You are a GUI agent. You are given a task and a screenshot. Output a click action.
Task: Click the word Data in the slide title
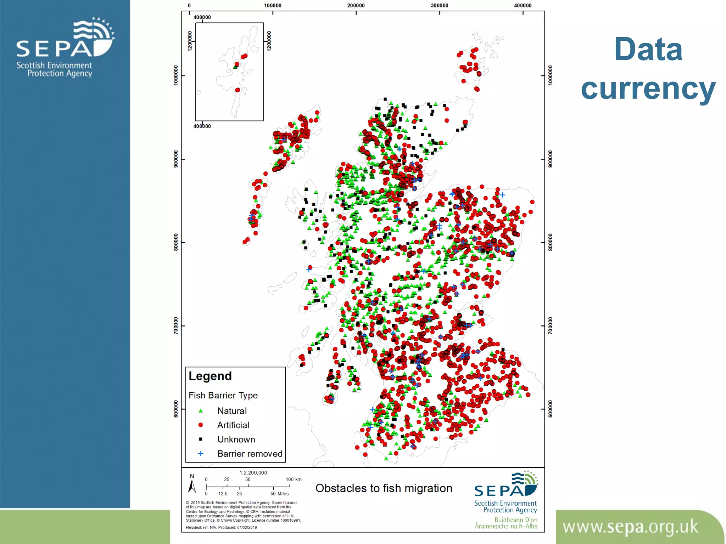click(648, 50)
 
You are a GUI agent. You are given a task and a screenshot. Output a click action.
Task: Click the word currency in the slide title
click(648, 89)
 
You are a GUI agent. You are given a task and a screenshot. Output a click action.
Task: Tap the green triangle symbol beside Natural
click(201, 411)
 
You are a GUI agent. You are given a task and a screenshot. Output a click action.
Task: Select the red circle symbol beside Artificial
click(201, 425)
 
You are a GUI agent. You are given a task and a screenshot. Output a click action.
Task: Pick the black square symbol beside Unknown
click(201, 439)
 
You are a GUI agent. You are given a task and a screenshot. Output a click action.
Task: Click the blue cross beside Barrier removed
click(201, 454)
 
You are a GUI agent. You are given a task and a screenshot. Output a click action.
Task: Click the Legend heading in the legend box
click(210, 376)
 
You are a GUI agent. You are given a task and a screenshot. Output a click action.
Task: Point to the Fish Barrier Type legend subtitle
click(223, 395)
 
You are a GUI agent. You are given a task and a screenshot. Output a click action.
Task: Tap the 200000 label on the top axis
click(356, 5)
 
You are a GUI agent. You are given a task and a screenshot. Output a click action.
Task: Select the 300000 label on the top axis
click(440, 5)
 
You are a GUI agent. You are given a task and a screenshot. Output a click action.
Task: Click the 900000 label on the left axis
click(176, 159)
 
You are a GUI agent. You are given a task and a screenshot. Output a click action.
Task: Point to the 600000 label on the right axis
click(550, 409)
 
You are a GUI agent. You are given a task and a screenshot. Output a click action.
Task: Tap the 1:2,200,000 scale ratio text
click(253, 472)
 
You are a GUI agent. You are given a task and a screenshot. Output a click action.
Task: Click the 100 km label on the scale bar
click(294, 480)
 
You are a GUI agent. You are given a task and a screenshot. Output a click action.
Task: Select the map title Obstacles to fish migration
click(384, 488)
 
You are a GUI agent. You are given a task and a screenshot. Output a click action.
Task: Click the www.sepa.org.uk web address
click(630, 527)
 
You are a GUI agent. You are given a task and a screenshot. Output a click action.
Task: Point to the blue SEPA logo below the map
click(506, 485)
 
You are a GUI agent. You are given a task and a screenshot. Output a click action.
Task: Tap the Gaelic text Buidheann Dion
click(516, 520)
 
